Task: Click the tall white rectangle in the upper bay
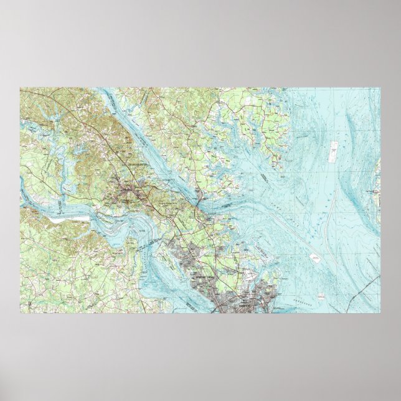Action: (x=334, y=148)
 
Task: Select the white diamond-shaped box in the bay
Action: (x=315, y=257)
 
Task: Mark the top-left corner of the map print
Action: (x=20, y=88)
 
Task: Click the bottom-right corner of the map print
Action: (x=380, y=313)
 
